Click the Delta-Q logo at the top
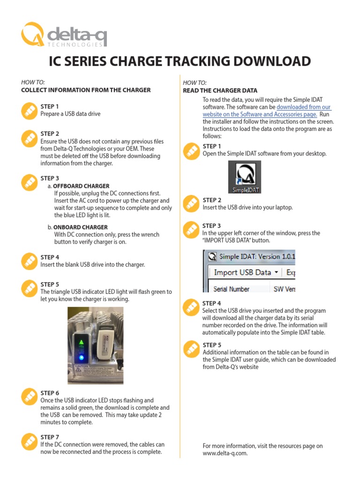[x=63, y=35]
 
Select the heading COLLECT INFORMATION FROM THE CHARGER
[x=86, y=90]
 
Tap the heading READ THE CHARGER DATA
[x=220, y=90]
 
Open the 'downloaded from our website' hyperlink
[x=267, y=111]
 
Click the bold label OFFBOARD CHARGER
[x=81, y=186]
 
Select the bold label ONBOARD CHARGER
[x=81, y=227]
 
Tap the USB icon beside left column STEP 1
[x=29, y=111]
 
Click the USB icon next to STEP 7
[x=29, y=441]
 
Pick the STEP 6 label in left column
[x=50, y=393]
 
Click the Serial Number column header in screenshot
[x=232, y=289]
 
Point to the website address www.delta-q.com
[x=225, y=453]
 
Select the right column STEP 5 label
[x=212, y=345]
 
